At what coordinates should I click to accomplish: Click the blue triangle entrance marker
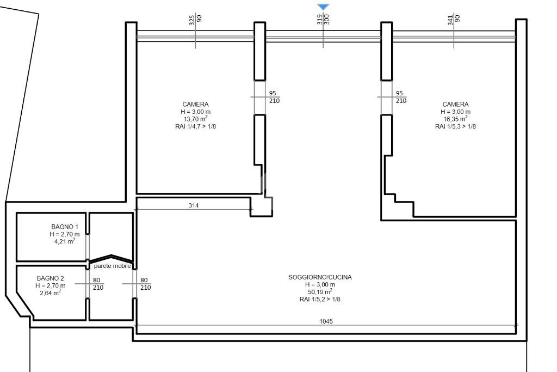(323, 7)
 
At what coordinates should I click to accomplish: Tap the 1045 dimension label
(326, 321)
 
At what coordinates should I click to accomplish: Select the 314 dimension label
(194, 205)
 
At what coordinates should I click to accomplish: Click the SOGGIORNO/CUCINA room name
(320, 277)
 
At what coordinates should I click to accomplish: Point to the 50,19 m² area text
(320, 292)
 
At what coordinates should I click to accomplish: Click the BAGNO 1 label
(65, 227)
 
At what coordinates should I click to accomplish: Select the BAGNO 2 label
(51, 278)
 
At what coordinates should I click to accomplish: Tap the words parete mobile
(112, 266)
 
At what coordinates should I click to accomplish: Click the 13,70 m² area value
(195, 119)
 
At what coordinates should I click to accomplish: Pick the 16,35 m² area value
(455, 119)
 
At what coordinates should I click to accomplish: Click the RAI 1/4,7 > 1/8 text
(195, 126)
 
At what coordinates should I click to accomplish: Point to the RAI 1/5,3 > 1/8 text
(455, 126)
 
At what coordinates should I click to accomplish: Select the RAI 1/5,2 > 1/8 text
(320, 300)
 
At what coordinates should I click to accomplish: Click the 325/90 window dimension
(195, 20)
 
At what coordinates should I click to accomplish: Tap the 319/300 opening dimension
(323, 20)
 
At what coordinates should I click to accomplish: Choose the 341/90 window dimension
(454, 20)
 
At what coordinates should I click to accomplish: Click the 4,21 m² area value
(65, 241)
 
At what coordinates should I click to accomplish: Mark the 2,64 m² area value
(51, 293)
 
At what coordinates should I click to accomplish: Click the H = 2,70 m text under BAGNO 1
(65, 234)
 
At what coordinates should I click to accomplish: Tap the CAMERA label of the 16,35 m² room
(455, 104)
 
